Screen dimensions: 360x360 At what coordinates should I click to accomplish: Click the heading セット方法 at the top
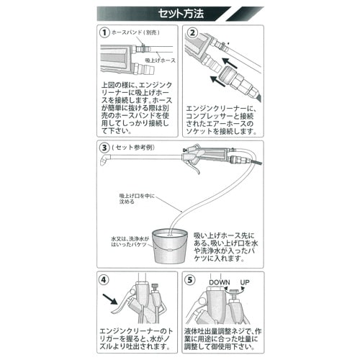tap(181, 13)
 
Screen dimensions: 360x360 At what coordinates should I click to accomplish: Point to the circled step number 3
tap(105, 147)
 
